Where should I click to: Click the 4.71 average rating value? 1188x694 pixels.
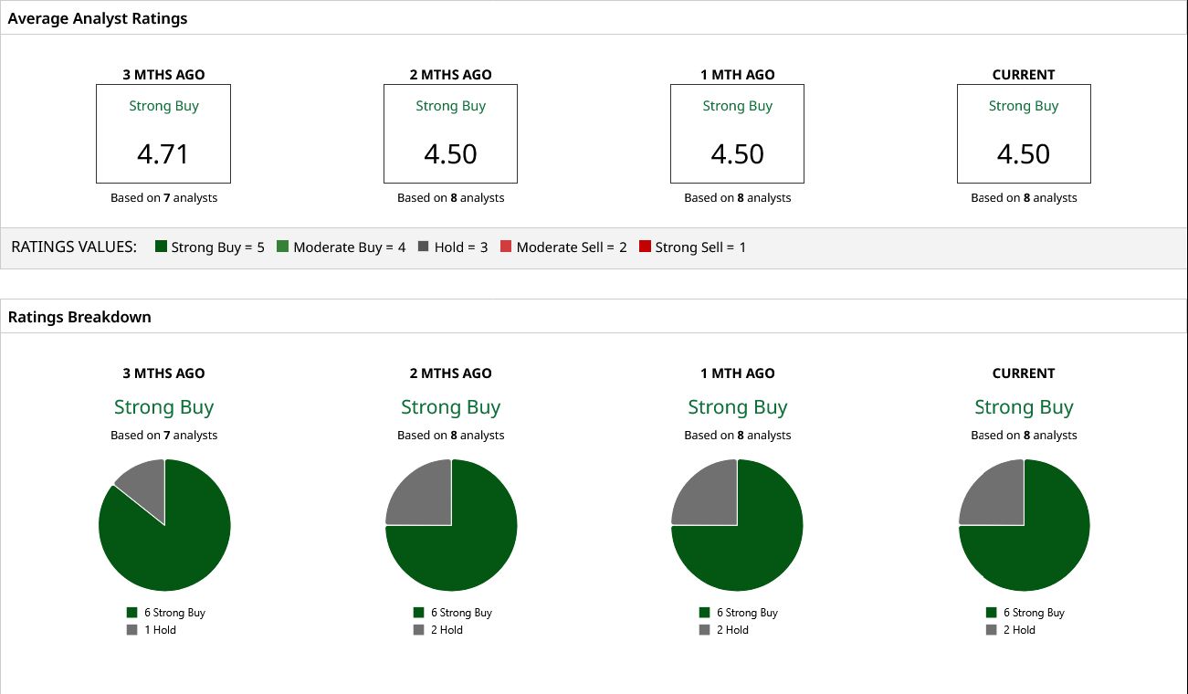163,154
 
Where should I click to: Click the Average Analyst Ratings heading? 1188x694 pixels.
98,18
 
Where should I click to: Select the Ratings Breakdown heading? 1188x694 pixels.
79,317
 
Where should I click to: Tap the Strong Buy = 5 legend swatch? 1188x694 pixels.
162,247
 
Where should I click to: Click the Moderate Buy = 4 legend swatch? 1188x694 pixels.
283,247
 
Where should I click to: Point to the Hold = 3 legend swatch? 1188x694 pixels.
423,247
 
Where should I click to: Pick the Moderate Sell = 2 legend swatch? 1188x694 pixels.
506,247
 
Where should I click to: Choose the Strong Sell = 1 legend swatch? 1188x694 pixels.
645,247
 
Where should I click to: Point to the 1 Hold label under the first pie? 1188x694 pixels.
160,630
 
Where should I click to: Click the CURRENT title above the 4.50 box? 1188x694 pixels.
1024,75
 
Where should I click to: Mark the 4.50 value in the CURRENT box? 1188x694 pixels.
1024,154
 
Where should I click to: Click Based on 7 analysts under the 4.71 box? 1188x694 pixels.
163,198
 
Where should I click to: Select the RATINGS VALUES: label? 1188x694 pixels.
74,247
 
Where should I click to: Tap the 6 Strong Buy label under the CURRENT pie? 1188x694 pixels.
1035,613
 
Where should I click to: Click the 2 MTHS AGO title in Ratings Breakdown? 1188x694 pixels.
451,373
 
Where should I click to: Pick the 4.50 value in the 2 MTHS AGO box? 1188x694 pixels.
451,154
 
